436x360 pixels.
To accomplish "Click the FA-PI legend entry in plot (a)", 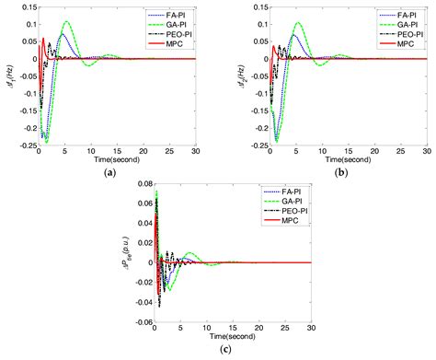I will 181,17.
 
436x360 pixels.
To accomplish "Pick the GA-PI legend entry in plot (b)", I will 396,25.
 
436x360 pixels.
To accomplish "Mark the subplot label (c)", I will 218,351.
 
